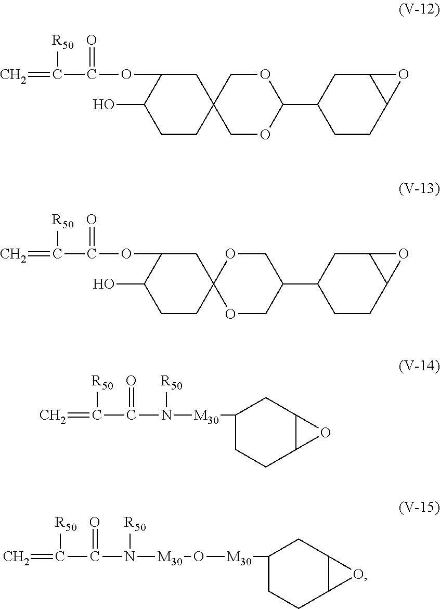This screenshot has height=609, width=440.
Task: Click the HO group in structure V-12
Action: pos(103,105)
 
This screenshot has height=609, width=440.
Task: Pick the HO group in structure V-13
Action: pos(103,284)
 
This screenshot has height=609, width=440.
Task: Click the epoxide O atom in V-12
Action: pos(404,74)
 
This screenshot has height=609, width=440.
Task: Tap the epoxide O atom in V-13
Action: pos(404,254)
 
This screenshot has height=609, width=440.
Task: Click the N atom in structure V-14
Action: pos(166,416)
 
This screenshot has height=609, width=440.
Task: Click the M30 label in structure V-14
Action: pos(206,417)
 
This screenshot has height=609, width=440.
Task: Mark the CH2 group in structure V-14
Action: pos(53,416)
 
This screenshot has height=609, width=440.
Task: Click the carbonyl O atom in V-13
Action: pos(92,220)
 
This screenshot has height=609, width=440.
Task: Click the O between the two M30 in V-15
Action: pos(198,558)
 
